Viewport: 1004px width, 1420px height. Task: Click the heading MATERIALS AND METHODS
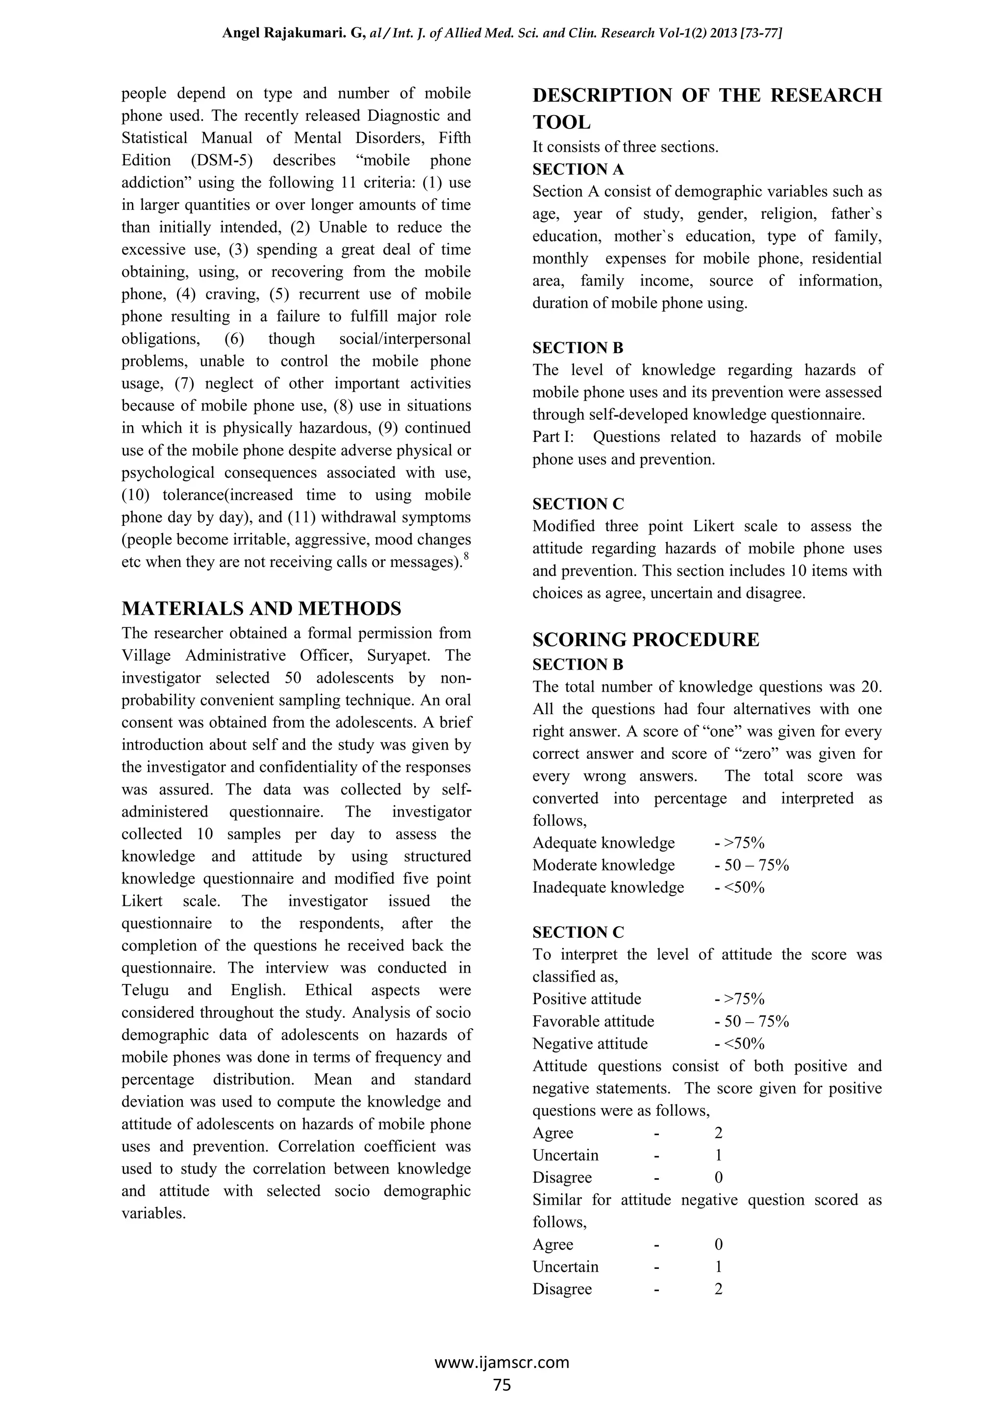click(261, 609)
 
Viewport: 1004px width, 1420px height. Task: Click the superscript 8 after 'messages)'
click(466, 556)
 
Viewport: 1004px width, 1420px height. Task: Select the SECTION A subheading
click(578, 169)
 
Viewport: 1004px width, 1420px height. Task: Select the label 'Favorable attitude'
click(593, 1022)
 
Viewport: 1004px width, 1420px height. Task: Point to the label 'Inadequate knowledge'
click(608, 887)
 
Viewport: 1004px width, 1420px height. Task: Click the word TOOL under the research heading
click(561, 123)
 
